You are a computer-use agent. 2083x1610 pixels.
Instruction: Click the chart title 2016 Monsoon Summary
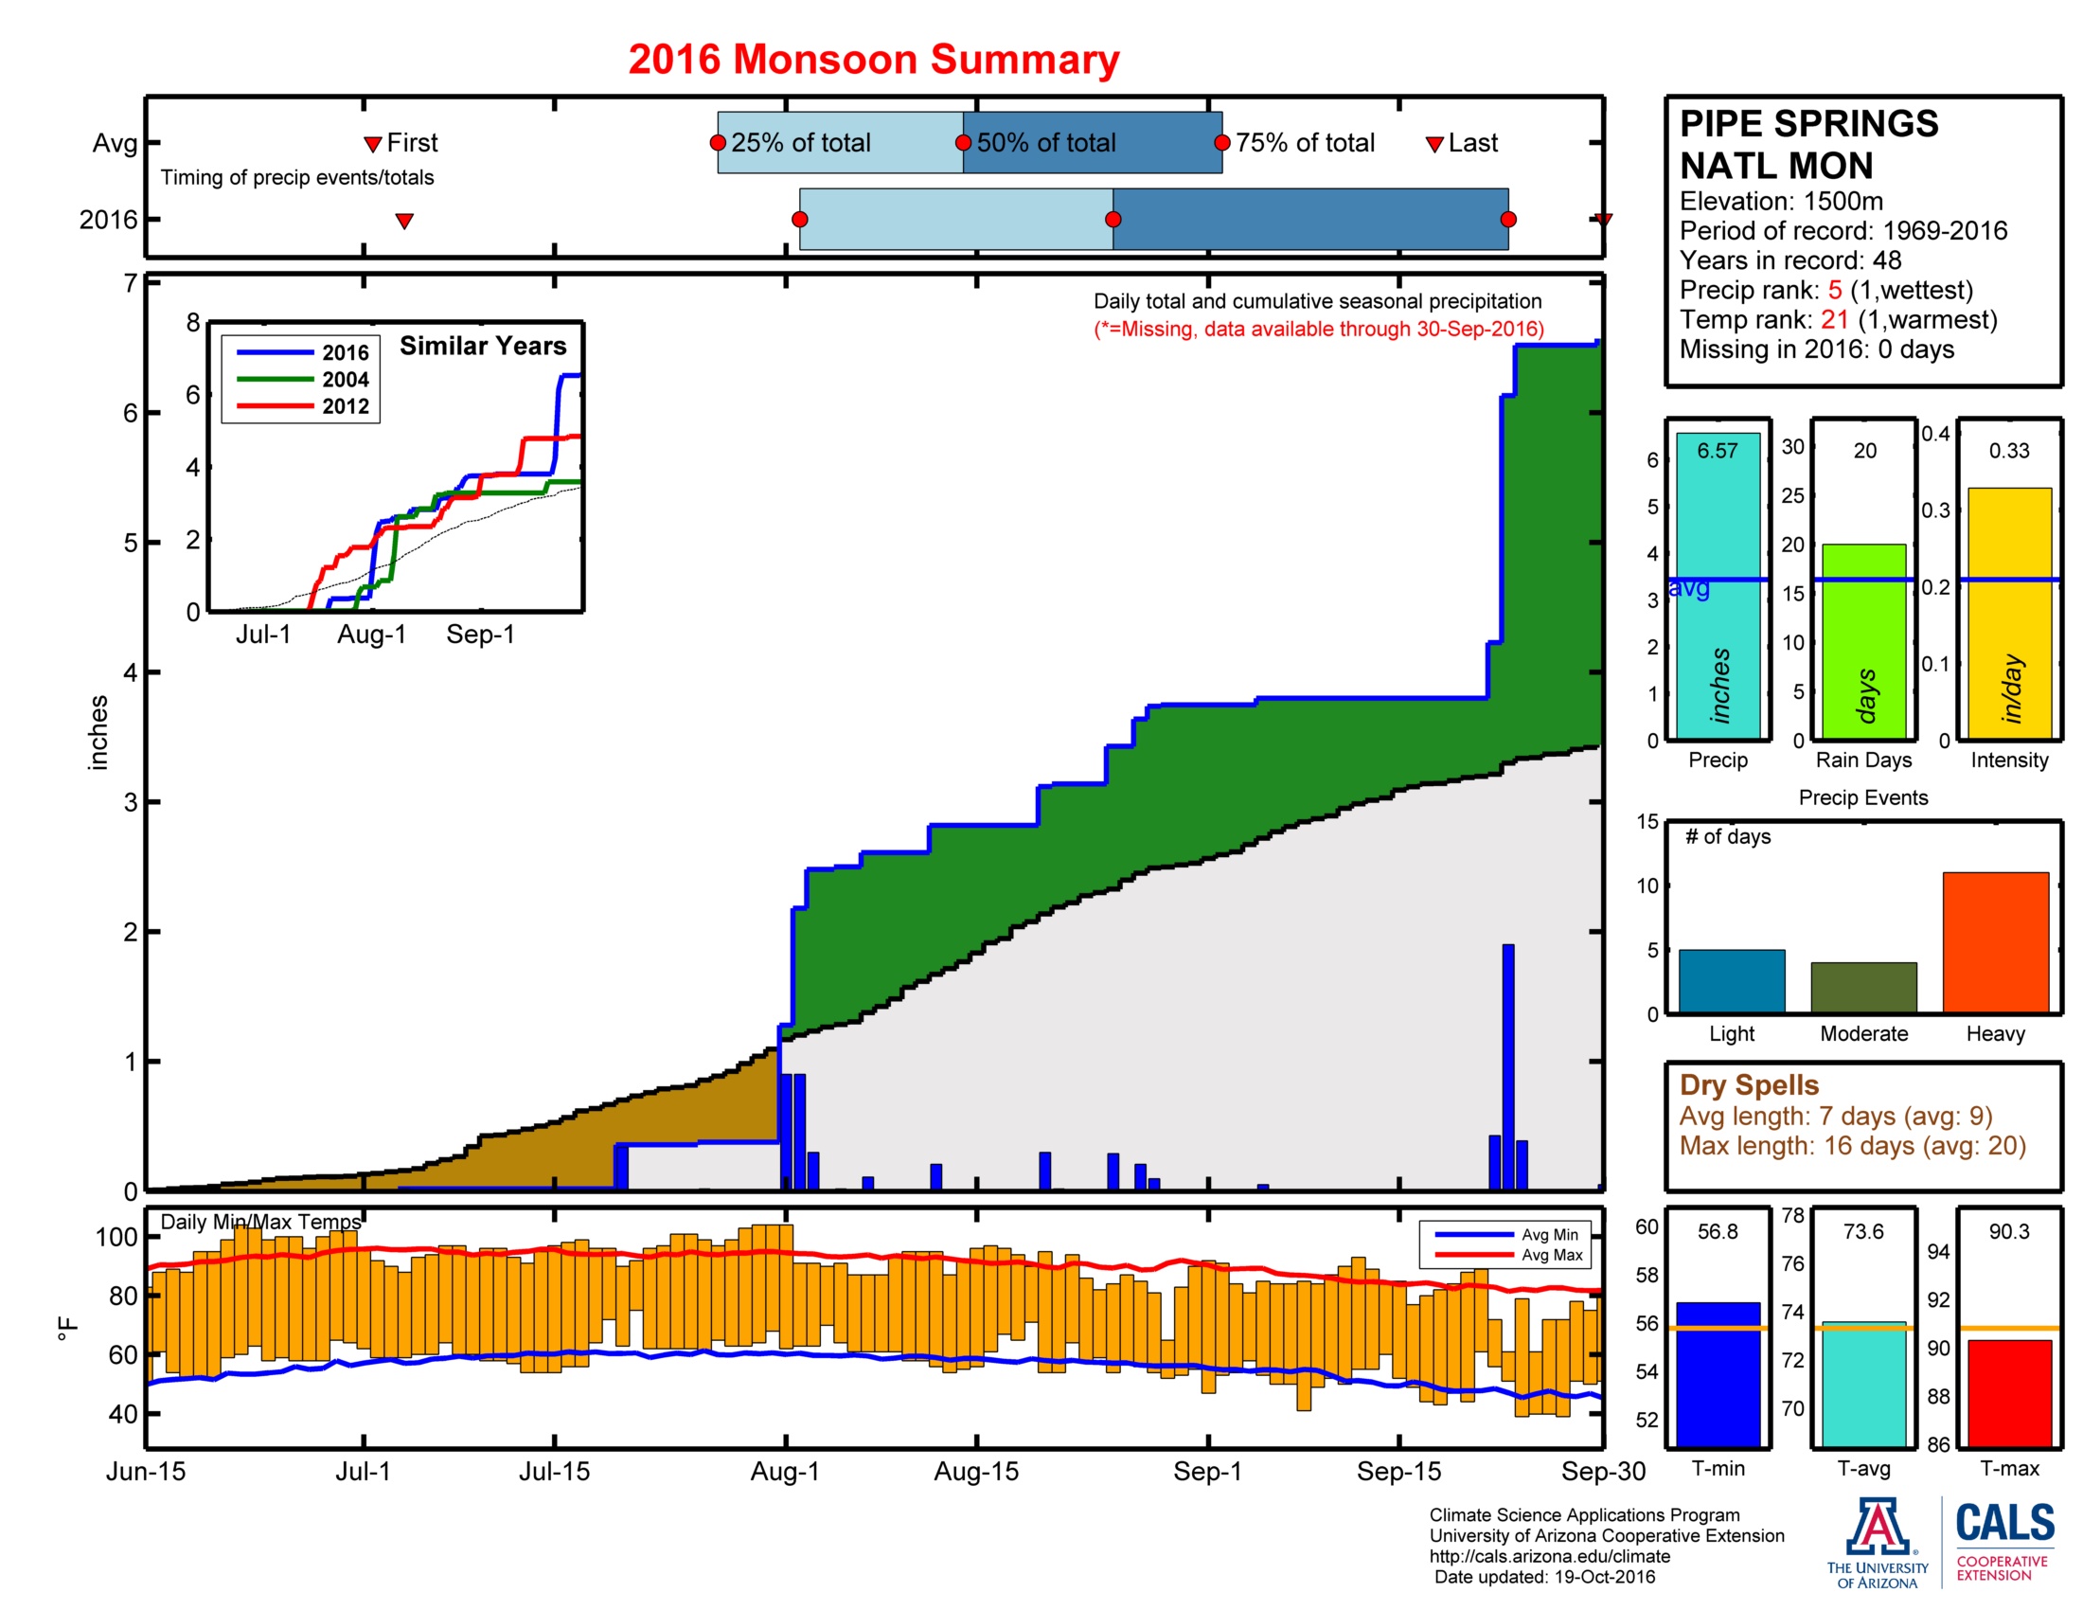873,59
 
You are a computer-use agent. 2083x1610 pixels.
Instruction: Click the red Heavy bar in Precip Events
1994,941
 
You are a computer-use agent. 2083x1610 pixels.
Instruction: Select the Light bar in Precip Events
1731,980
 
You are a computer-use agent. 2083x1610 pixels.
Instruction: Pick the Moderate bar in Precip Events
1862,987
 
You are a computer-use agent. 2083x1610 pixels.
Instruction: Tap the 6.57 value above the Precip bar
1717,450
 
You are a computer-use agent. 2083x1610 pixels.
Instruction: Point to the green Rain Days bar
1862,641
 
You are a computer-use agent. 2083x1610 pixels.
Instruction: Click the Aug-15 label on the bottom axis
975,1472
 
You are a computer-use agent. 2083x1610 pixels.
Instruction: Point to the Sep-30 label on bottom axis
1602,1472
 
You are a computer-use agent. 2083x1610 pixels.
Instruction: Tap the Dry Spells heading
1748,1085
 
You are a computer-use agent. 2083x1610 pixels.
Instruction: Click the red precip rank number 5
1834,290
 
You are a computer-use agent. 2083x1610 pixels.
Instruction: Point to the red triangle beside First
373,144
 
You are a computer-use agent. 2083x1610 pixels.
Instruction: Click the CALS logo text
2004,1523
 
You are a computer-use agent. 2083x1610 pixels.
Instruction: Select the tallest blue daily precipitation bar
1508,1066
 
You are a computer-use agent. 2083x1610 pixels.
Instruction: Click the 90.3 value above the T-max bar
2008,1231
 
